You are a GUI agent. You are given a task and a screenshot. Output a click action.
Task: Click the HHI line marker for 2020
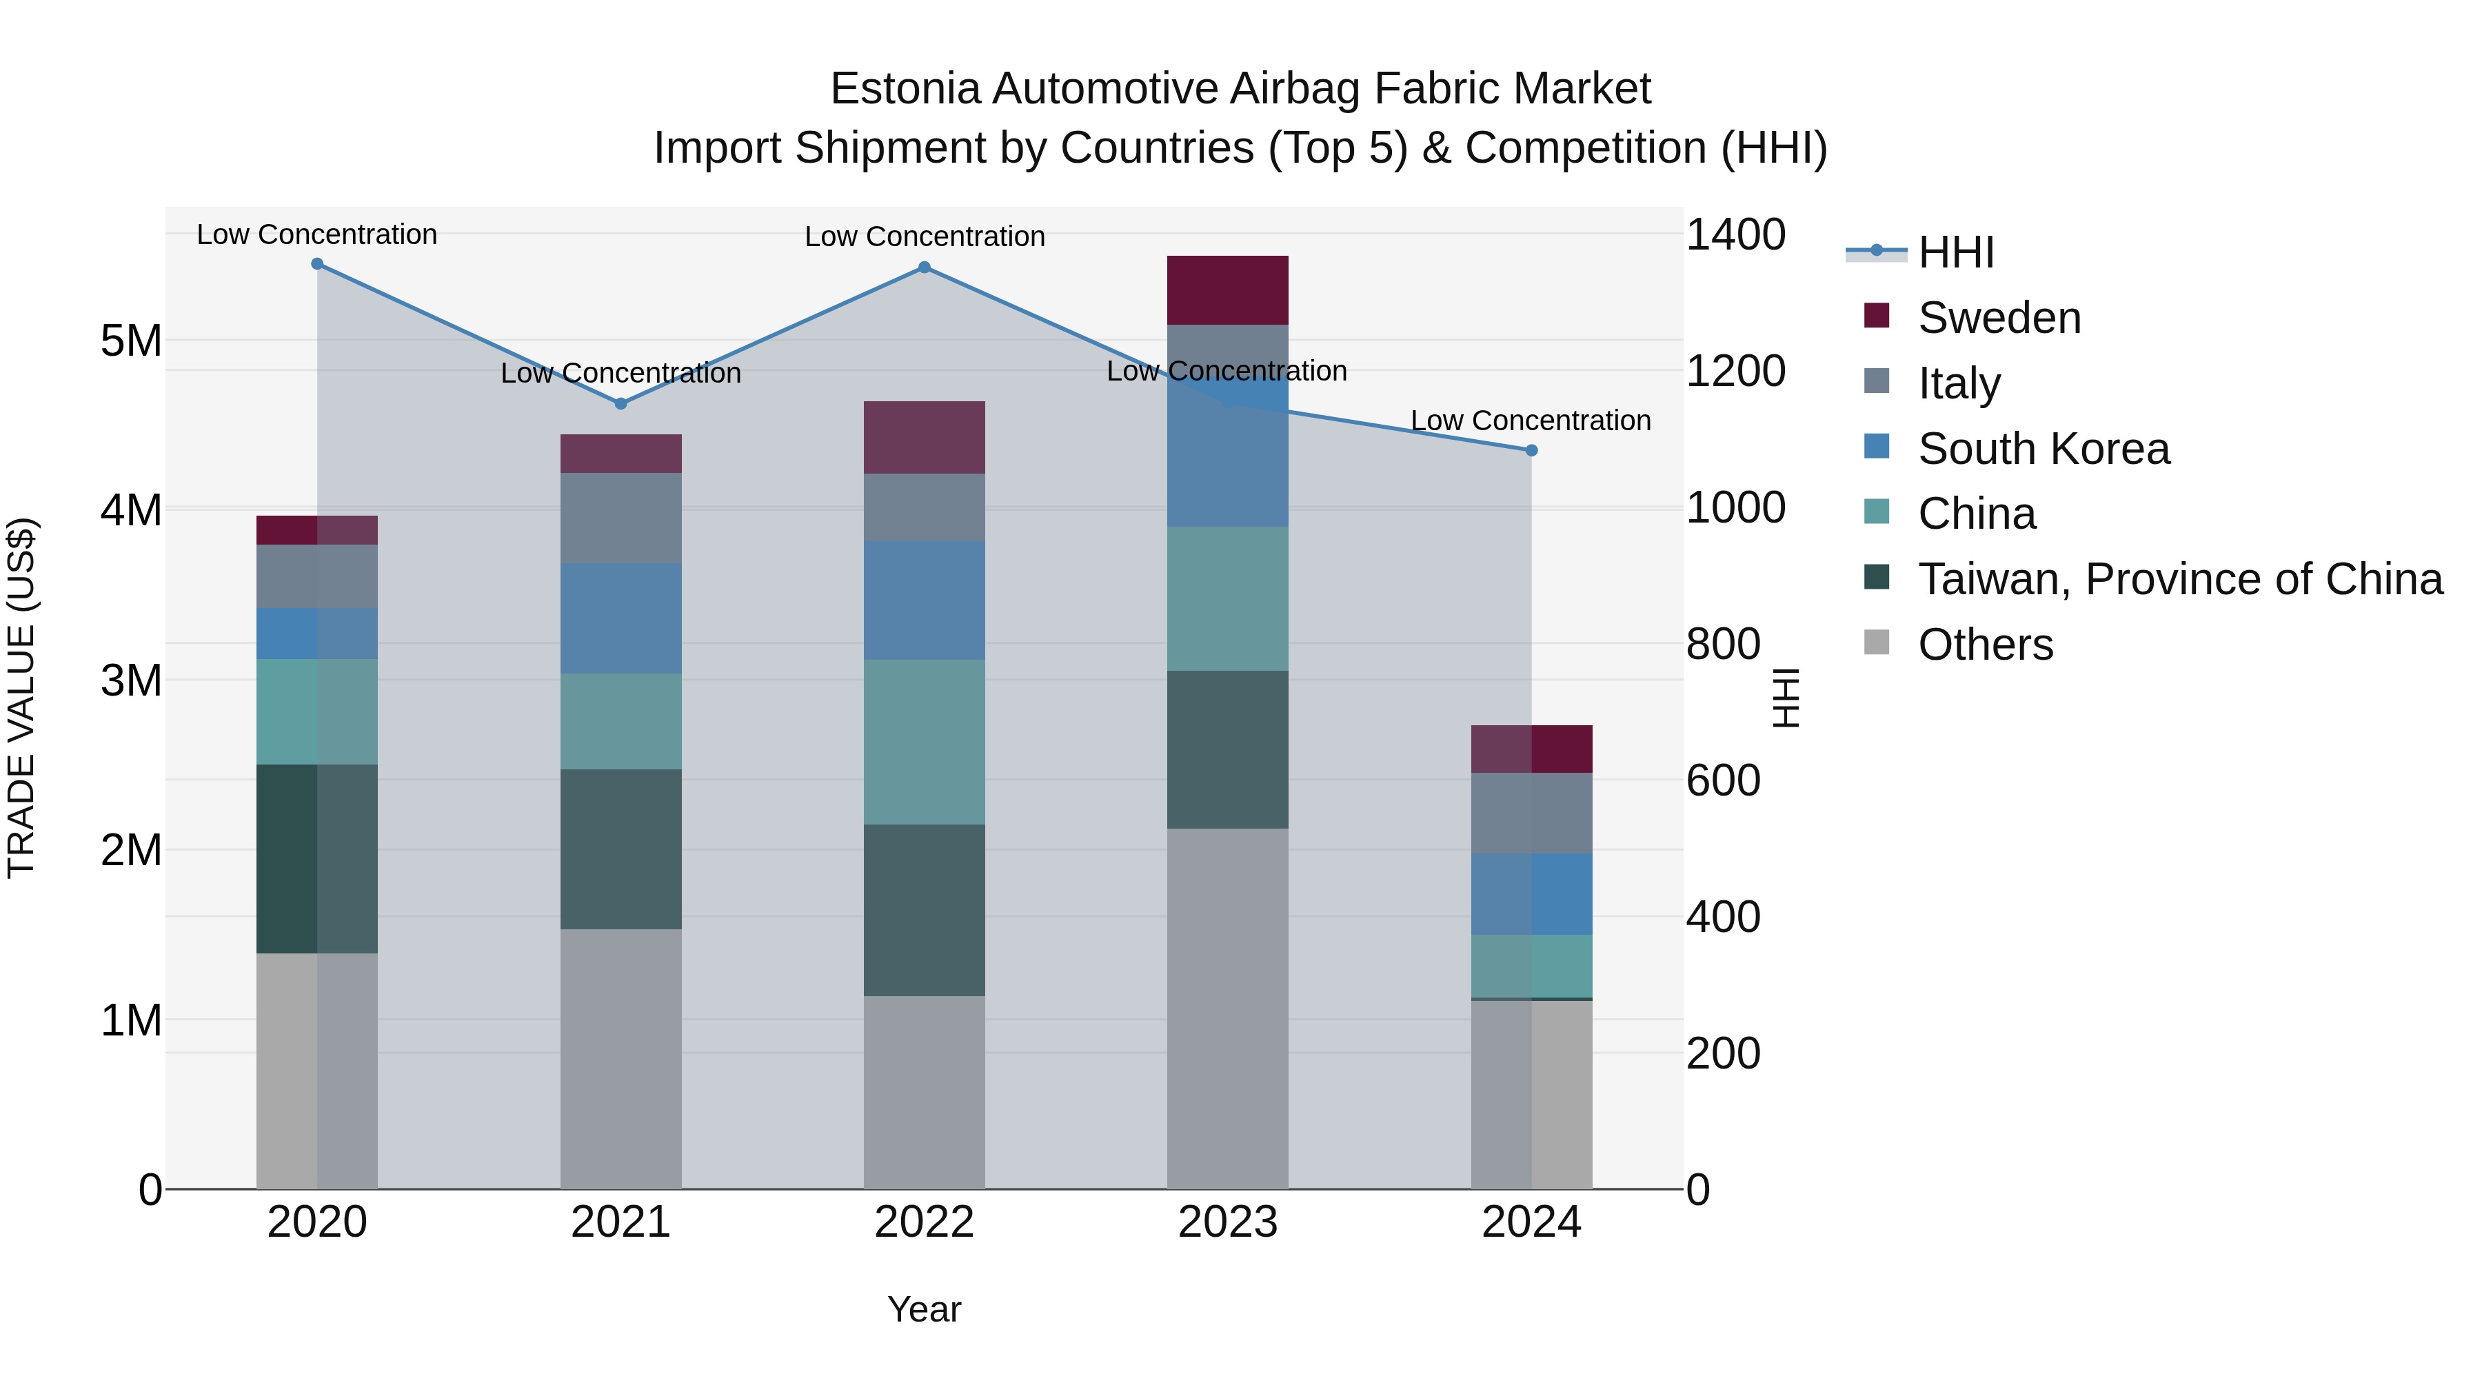[317, 264]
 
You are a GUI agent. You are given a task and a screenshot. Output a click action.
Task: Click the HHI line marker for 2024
[1531, 450]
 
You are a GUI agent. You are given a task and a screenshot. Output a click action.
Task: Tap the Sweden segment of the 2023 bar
[1227, 290]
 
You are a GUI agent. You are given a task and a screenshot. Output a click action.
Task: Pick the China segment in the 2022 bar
[924, 742]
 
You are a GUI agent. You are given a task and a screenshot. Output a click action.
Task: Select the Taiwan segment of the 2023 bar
[1227, 749]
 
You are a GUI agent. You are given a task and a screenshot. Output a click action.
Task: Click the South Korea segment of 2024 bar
[1531, 894]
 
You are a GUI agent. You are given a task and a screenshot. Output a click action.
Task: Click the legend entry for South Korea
[2043, 449]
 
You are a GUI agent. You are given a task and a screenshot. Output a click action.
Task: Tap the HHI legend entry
[1955, 252]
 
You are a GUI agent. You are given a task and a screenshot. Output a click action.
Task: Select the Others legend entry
[1985, 645]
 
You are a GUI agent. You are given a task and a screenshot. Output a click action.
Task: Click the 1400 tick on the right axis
[1735, 235]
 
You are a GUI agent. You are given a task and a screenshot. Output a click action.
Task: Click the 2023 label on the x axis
[1227, 1222]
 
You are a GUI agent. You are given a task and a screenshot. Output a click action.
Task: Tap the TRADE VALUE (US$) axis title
[21, 698]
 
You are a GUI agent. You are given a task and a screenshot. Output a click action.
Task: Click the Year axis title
[924, 1309]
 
